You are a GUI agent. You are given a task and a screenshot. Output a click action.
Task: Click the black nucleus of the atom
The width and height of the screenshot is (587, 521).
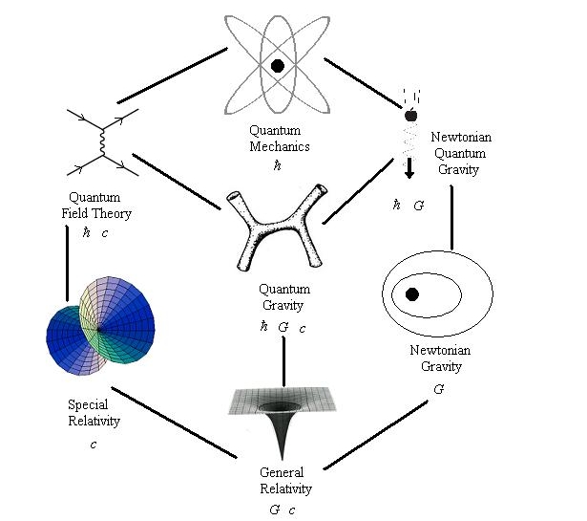[278, 66]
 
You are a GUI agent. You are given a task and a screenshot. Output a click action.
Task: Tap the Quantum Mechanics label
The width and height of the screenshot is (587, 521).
[278, 140]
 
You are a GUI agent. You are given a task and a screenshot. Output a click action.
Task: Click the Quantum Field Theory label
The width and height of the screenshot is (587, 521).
[93, 206]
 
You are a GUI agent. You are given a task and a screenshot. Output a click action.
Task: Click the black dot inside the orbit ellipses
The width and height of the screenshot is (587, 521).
[412, 294]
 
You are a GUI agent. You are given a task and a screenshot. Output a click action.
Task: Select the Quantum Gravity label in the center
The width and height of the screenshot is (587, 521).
[282, 296]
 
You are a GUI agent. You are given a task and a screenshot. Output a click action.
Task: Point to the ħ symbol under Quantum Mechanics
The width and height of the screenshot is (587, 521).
[278, 165]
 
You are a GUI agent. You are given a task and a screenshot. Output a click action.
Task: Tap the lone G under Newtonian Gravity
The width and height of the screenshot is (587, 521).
[438, 389]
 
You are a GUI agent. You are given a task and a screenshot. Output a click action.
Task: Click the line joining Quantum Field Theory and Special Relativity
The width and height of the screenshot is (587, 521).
[67, 263]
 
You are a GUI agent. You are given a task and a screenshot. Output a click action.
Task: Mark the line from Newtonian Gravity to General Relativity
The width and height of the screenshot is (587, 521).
[374, 434]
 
